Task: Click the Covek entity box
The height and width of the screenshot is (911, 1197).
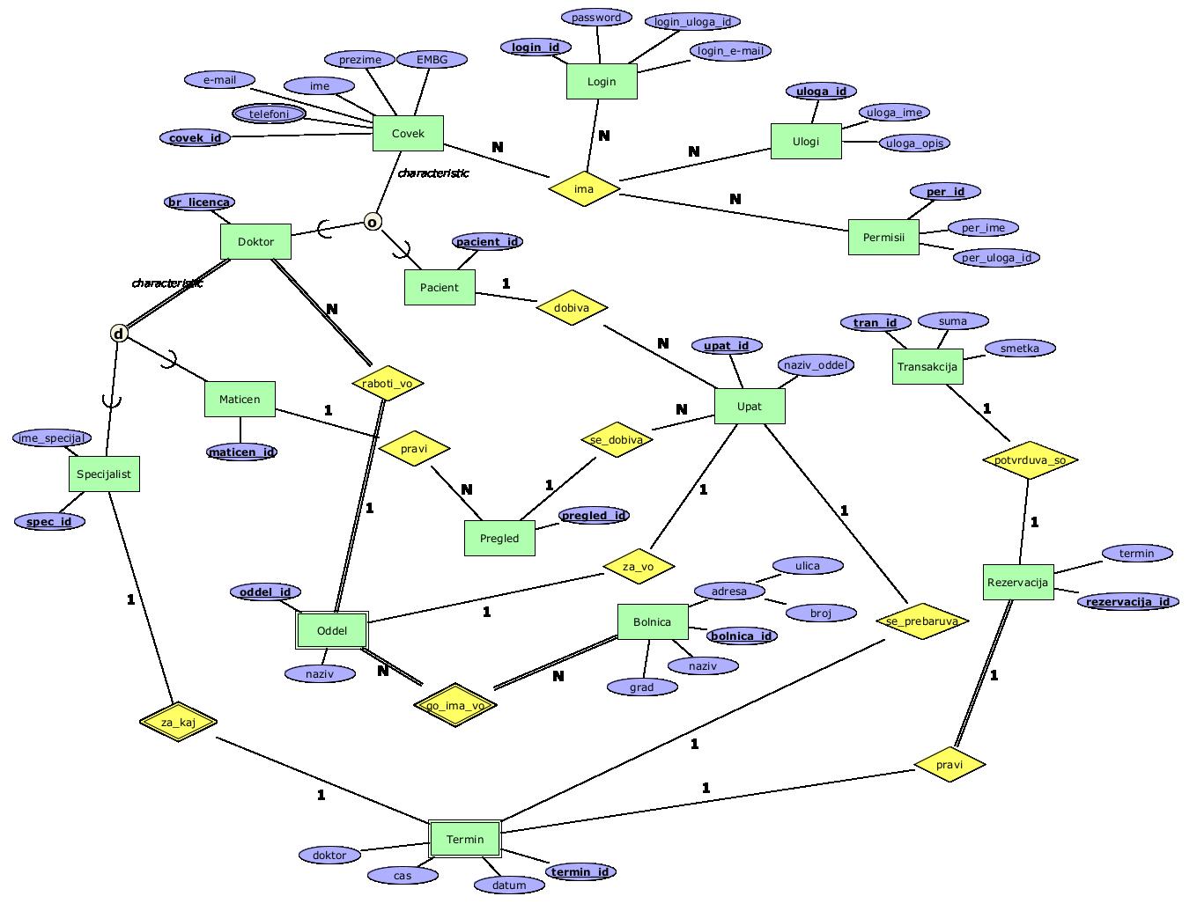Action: click(x=408, y=134)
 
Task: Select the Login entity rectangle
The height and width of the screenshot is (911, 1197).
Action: click(x=602, y=82)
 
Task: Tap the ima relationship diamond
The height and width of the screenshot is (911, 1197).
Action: click(x=584, y=188)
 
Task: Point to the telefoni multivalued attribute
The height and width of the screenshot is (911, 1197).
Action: click(x=270, y=114)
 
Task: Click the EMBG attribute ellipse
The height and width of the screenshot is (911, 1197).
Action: click(x=432, y=60)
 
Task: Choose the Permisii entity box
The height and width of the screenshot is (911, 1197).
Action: click(x=883, y=237)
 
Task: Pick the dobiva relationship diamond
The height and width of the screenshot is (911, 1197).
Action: click(x=572, y=308)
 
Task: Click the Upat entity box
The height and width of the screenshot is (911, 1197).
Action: click(x=750, y=406)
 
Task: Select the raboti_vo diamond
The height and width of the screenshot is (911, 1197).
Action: click(x=388, y=383)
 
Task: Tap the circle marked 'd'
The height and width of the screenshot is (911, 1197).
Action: click(x=119, y=334)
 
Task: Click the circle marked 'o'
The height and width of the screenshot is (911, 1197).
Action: click(x=373, y=222)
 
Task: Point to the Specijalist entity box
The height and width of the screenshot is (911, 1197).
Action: click(x=104, y=474)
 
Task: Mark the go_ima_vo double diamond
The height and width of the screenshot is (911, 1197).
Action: click(x=455, y=705)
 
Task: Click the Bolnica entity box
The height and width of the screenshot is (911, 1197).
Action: click(x=652, y=621)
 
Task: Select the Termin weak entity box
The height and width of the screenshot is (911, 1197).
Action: click(x=465, y=839)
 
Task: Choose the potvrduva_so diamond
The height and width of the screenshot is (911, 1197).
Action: click(x=1029, y=459)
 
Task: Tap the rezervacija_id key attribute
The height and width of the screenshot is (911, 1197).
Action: click(x=1127, y=602)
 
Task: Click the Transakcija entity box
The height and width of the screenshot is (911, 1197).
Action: click(x=927, y=366)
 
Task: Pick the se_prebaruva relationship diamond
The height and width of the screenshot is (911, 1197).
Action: click(x=922, y=621)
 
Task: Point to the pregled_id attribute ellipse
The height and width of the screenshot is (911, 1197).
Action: click(x=595, y=516)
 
